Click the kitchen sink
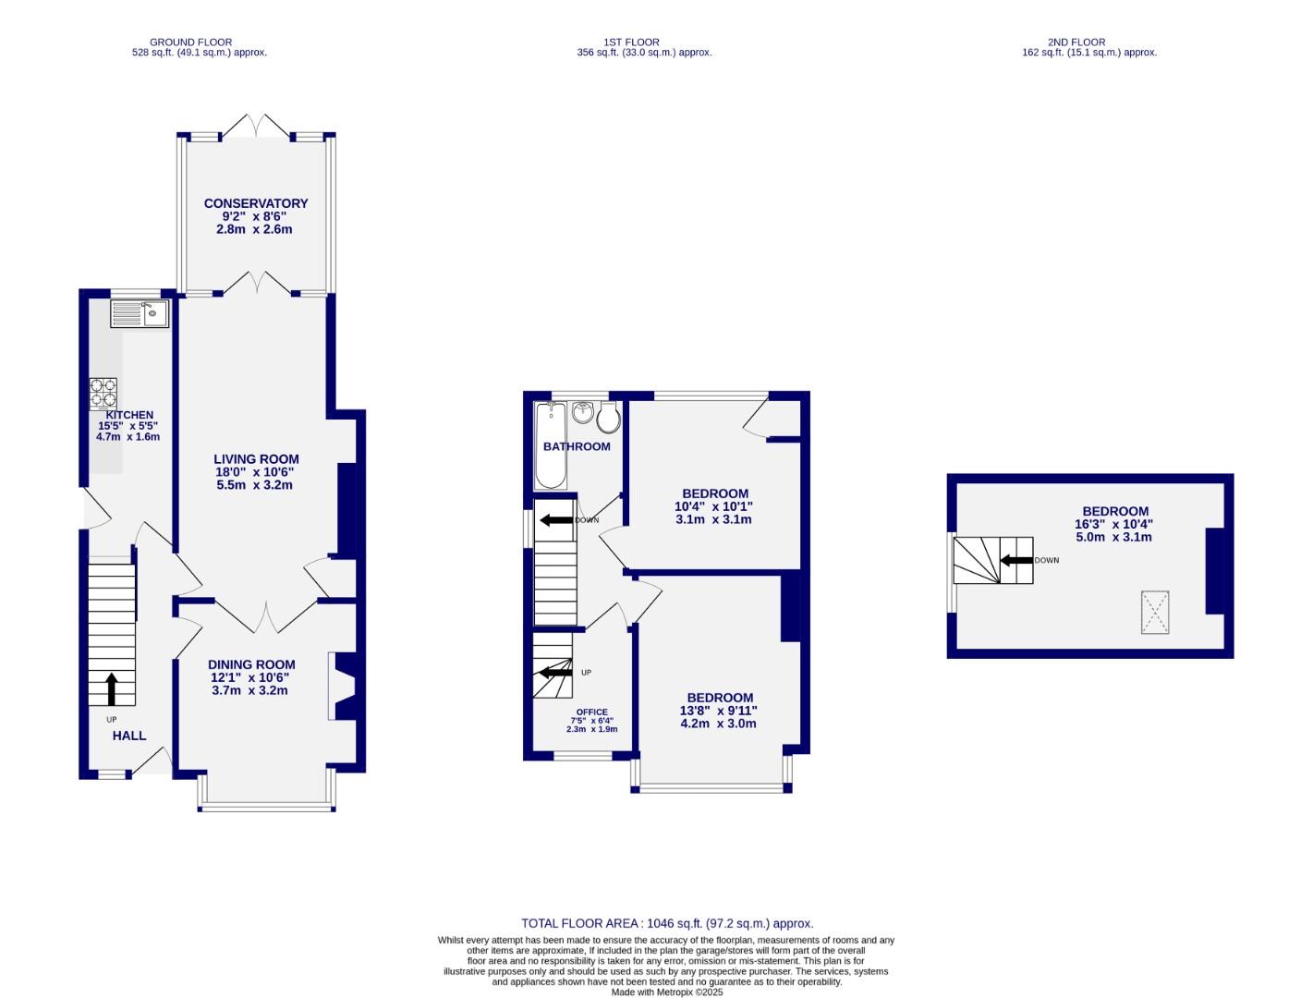tap(140, 314)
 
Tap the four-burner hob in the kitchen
tap(103, 394)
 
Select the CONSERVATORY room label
tap(256, 203)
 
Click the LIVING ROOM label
tap(256, 459)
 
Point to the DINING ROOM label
tap(251, 664)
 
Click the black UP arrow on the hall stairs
tap(112, 689)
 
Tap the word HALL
tap(129, 736)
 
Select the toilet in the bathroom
tap(608, 420)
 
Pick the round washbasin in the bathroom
tap(582, 413)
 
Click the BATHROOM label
tap(577, 446)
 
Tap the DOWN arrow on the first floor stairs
tap(556, 520)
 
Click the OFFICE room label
tap(591, 712)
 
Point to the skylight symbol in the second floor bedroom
tap(1154, 613)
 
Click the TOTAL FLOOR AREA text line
tap(667, 923)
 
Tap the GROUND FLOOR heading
tap(190, 42)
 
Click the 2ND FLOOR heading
tap(1076, 42)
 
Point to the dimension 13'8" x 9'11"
tap(719, 711)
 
